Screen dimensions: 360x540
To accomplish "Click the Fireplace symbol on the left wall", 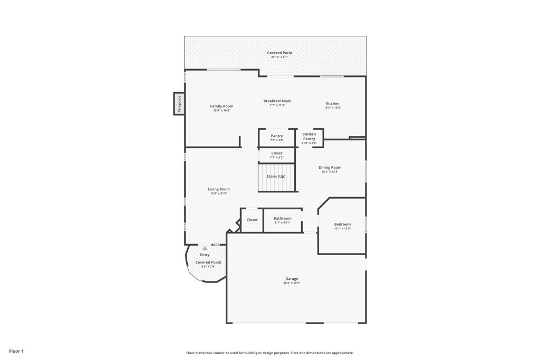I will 179,103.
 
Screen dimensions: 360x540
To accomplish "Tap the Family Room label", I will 221,106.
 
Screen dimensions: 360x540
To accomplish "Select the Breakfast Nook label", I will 277,101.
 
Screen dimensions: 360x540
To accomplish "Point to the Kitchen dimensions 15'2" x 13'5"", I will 332,108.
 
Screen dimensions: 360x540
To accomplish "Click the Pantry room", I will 277,138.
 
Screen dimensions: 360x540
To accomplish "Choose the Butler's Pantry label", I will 309,137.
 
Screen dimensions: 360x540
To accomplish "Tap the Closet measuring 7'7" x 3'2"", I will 277,155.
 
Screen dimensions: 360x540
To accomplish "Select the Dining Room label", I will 330,168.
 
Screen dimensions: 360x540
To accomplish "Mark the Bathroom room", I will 283,220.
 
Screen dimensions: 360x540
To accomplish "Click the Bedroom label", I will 342,224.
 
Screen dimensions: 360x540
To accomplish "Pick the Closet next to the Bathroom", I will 252,220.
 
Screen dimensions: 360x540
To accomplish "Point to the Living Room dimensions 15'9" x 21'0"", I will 219,193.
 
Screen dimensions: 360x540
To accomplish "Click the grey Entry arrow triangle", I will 205,248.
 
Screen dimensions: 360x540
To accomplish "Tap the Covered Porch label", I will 208,262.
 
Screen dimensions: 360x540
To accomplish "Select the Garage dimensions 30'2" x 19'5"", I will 292,283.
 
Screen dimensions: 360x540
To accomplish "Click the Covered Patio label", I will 279,53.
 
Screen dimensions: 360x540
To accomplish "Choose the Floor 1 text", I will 16,351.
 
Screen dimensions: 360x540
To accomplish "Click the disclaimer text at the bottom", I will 269,353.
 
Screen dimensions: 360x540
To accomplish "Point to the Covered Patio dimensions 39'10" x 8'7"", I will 279,57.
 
